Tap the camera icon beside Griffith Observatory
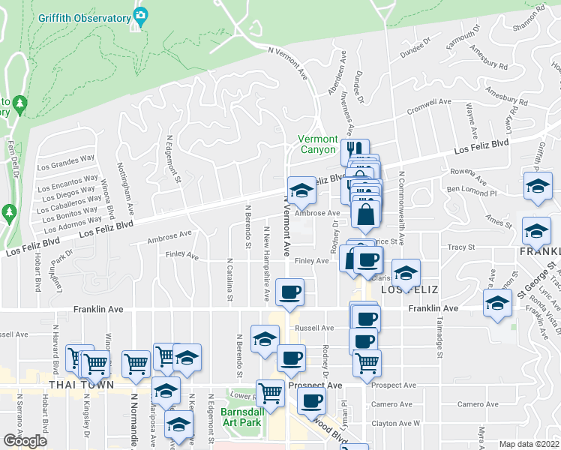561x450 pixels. pyautogui.click(x=140, y=15)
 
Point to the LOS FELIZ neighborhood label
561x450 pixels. pyautogui.click(x=409, y=289)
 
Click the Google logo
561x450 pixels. pyautogui.click(x=25, y=441)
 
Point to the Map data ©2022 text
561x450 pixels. pyautogui.click(x=529, y=444)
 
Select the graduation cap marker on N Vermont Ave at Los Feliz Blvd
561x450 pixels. pyautogui.click(x=301, y=191)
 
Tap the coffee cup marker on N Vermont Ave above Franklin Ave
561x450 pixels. pyautogui.click(x=289, y=292)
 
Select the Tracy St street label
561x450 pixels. pyautogui.click(x=460, y=247)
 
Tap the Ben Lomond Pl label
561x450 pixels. pyautogui.click(x=472, y=193)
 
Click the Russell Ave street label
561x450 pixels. pyautogui.click(x=314, y=328)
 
